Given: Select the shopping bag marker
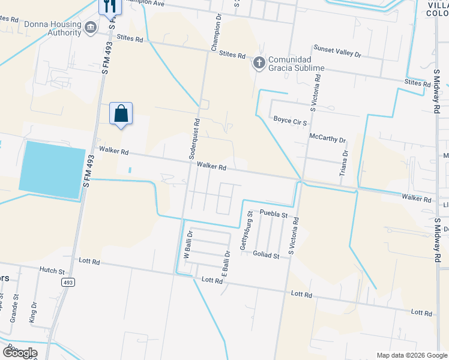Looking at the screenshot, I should (121, 113).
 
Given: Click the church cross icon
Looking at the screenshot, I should (259, 62).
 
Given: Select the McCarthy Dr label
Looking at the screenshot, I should (327, 139).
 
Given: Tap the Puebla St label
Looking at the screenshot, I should (274, 214).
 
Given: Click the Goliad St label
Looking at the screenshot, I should (267, 256).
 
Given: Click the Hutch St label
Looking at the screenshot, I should (51, 270).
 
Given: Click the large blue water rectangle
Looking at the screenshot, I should (52, 170).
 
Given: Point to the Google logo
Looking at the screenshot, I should (20, 353).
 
